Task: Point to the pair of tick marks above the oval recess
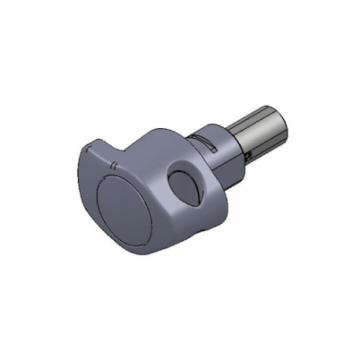click(x=115, y=166)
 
